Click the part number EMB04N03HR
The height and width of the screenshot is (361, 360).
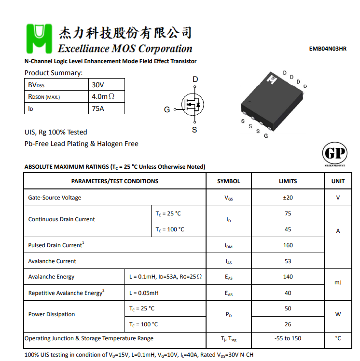328,49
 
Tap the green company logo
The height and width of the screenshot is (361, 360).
39,39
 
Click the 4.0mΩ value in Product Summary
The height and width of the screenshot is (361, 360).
103,96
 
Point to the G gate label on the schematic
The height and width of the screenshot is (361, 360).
167,109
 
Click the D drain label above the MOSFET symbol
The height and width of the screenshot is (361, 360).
195,80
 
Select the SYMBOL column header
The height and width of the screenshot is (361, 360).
228,181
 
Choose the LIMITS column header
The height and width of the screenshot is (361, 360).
288,181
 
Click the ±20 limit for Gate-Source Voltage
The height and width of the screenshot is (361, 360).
288,198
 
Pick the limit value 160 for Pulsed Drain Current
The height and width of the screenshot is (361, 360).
288,245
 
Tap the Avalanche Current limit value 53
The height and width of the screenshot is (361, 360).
288,261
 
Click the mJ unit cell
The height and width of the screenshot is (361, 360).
338,282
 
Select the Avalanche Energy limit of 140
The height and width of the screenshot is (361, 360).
288,277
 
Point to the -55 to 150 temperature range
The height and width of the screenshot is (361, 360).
288,338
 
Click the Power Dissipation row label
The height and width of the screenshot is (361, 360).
52,314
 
